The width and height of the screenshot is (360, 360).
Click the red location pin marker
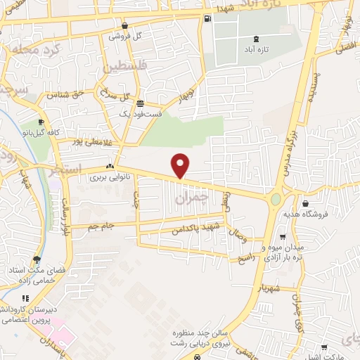[181, 165]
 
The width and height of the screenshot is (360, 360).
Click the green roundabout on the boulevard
[275, 200]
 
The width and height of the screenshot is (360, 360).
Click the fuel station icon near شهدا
[207, 19]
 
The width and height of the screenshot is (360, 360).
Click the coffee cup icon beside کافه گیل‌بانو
[41, 120]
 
